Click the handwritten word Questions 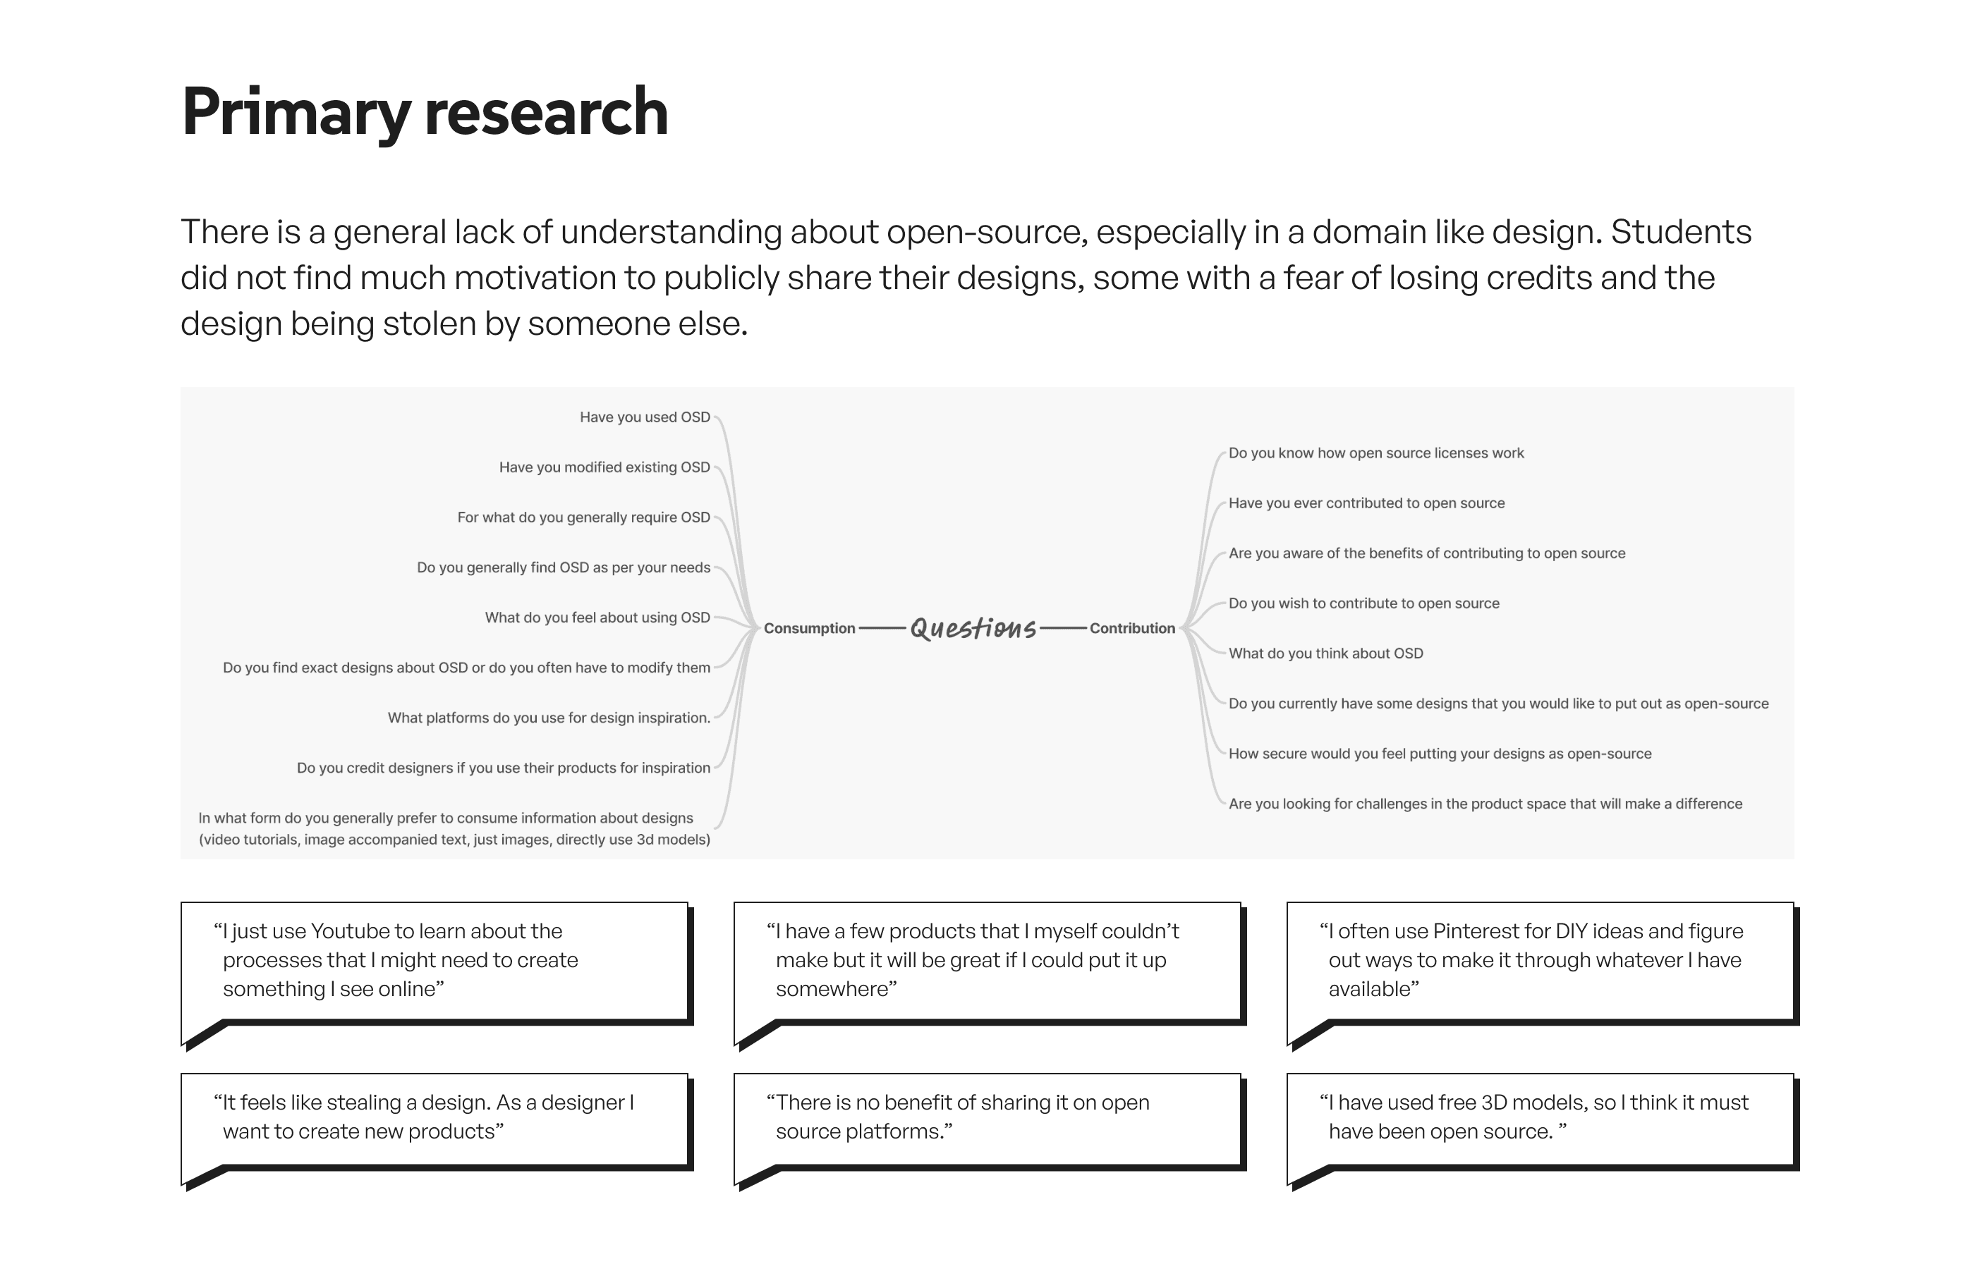(x=973, y=628)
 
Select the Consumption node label (x=809, y=629)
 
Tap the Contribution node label (x=1132, y=629)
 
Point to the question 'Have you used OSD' (x=645, y=417)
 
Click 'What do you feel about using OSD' (x=597, y=618)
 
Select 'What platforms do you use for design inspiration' (x=549, y=718)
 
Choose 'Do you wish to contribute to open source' (x=1363, y=603)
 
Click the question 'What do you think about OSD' (x=1325, y=653)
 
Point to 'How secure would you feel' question (x=1440, y=754)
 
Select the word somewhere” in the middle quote (x=836, y=990)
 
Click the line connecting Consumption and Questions (x=882, y=629)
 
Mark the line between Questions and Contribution (x=1063, y=629)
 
